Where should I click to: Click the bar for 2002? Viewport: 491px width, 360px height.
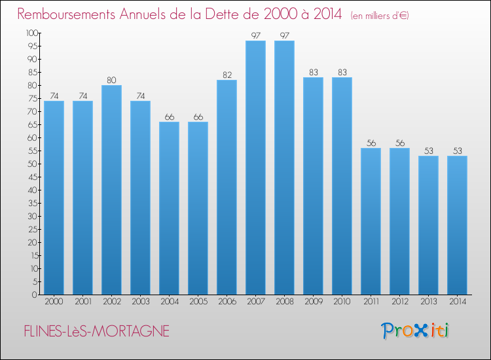[x=111, y=190]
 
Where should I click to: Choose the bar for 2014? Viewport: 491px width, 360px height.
[x=457, y=225]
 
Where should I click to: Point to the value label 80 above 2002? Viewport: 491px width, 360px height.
[x=111, y=81]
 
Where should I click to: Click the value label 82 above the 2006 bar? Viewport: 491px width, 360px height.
[x=227, y=75]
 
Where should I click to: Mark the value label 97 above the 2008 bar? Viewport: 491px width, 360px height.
[x=284, y=36]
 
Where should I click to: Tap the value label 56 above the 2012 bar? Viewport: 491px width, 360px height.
[x=399, y=143]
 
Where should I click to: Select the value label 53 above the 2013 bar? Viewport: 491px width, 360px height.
[x=428, y=151]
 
